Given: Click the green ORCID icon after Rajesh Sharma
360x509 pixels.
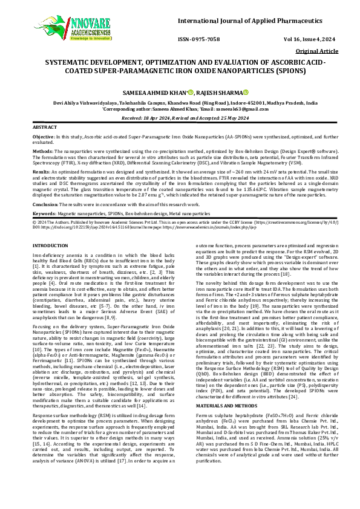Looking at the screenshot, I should tap(246, 92).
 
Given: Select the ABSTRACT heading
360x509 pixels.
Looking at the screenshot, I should tap(44, 128).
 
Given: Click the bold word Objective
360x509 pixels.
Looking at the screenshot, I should tap(42, 138).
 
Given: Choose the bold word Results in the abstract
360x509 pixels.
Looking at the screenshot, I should tap(41, 172).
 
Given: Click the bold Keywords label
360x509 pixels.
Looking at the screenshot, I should tap(44, 213).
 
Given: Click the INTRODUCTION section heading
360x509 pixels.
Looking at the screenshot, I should tap(50, 245).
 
